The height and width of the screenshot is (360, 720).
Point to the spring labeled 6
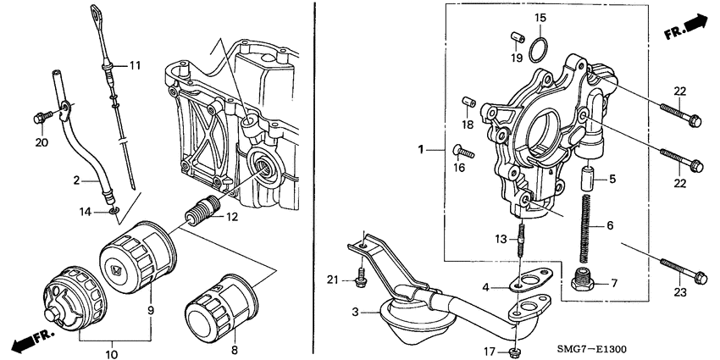pos(584,227)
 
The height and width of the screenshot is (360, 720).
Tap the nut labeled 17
pos(517,351)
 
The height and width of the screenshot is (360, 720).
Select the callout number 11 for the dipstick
pos(134,64)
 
